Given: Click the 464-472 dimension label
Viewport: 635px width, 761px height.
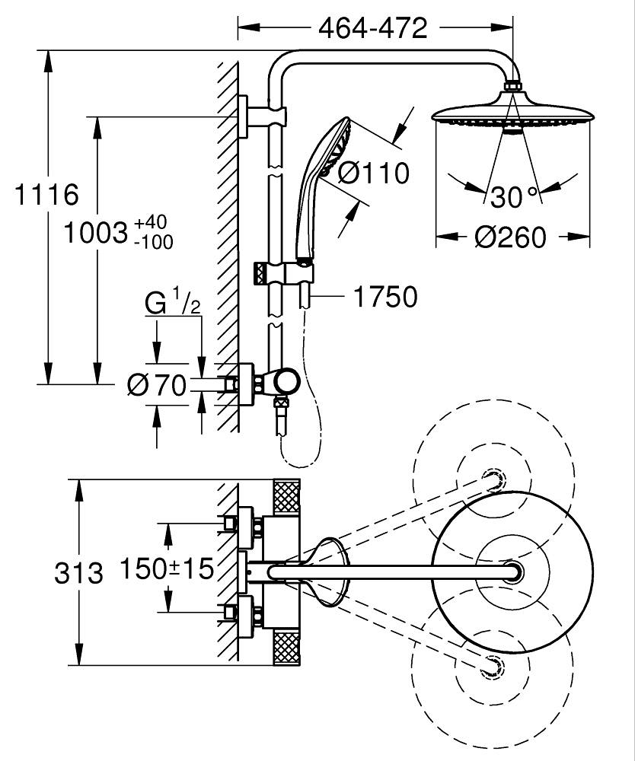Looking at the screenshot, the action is [373, 28].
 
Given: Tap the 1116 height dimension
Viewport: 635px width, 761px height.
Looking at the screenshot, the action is [46, 195].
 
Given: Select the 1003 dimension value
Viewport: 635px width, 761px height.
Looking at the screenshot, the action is [96, 232].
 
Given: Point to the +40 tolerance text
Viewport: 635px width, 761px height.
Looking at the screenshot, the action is [151, 223].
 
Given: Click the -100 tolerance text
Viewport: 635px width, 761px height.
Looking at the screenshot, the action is [153, 242].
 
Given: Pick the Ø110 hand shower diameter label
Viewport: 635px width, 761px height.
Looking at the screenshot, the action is [373, 173].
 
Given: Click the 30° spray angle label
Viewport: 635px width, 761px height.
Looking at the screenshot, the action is [514, 196].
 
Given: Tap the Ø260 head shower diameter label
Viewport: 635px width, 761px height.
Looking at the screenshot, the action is [511, 237].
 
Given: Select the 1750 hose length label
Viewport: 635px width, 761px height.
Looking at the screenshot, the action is [385, 297].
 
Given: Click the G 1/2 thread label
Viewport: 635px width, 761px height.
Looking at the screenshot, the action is [173, 302].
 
